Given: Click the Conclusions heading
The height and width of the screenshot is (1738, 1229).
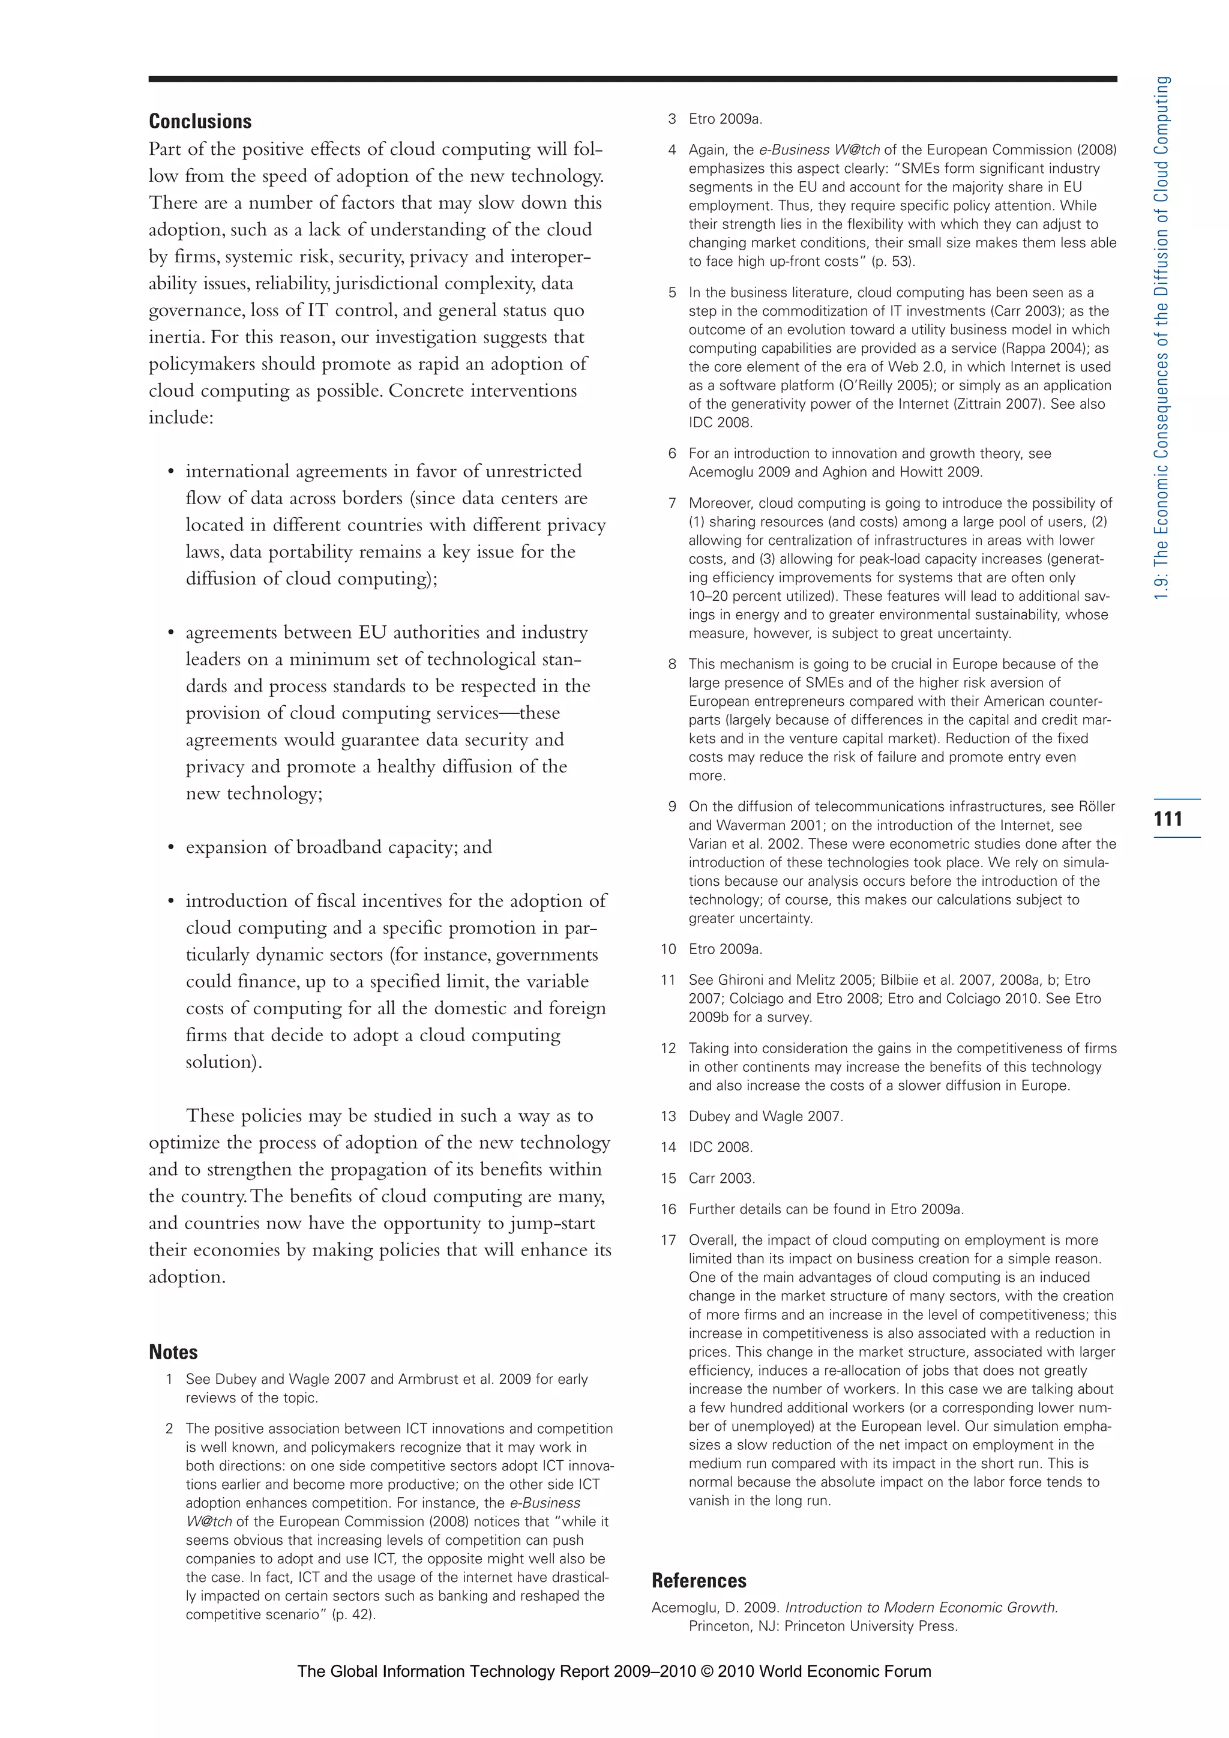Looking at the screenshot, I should coord(200,121).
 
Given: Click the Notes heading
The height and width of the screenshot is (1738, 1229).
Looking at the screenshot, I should coord(173,1352).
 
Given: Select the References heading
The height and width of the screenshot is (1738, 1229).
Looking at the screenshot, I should coord(699,1581).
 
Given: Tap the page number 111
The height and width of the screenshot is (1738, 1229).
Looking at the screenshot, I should coord(1168,818).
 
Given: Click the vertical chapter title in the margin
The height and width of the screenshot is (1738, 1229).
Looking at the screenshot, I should coord(1162,338).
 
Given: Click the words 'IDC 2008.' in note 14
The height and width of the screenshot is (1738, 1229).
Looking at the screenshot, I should coord(721,1147).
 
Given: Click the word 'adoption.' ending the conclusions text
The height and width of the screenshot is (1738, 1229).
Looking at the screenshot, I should coord(187,1277).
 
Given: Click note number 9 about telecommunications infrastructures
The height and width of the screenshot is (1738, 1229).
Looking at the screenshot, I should coord(672,806).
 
